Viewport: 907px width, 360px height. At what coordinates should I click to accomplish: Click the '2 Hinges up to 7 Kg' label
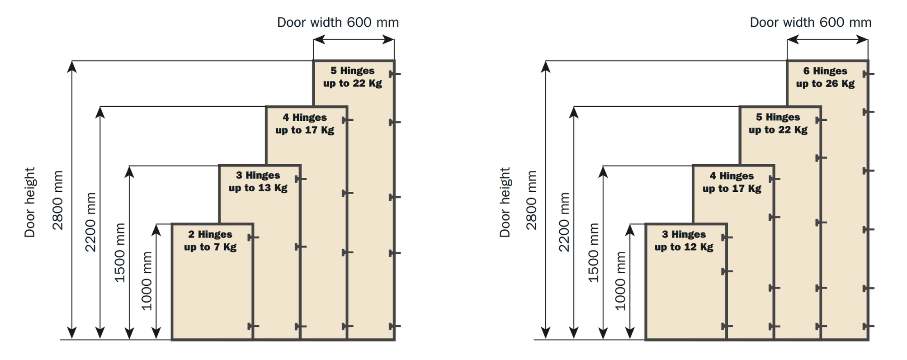click(x=210, y=241)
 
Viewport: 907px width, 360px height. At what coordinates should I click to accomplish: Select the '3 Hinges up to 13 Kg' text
click(x=258, y=181)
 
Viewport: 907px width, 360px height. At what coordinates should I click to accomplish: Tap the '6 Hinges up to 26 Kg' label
click(x=825, y=77)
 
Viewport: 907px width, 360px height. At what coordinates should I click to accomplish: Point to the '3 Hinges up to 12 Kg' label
click(x=684, y=241)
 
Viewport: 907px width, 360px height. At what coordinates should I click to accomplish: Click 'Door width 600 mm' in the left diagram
click(x=338, y=23)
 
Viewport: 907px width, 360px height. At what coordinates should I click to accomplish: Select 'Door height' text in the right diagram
click(x=505, y=202)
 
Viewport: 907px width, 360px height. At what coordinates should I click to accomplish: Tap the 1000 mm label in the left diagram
click(x=147, y=281)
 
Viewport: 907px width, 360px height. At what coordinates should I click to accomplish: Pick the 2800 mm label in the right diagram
click(x=532, y=200)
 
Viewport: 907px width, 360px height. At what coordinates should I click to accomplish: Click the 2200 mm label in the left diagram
click(x=91, y=222)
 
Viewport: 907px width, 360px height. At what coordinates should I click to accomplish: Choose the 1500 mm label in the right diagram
click(x=593, y=252)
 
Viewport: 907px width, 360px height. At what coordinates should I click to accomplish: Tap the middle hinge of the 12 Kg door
click(x=726, y=271)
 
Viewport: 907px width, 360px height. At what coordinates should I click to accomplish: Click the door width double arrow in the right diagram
click(x=827, y=40)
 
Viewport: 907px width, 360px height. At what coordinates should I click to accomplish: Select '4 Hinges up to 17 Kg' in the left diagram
click(x=305, y=124)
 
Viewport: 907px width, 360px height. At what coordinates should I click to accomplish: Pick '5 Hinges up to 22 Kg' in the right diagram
click(x=778, y=123)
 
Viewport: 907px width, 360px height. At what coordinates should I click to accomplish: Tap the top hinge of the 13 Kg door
click(x=300, y=179)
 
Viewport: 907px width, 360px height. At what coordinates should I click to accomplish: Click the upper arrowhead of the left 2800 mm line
click(x=72, y=66)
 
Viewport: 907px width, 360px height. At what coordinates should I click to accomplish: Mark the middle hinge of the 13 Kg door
click(x=300, y=247)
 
